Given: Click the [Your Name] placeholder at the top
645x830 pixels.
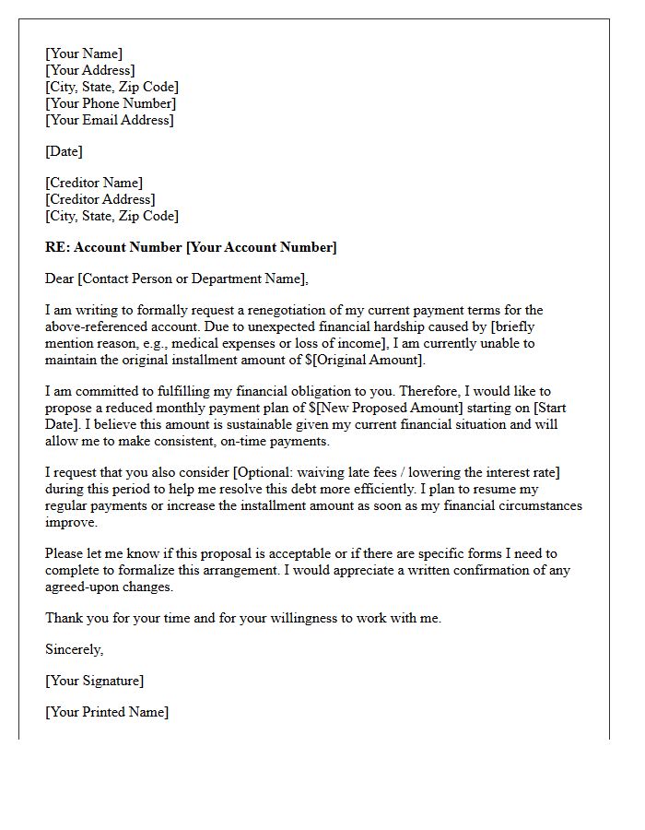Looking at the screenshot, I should pos(84,53).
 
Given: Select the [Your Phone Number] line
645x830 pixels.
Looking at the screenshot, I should pos(111,103).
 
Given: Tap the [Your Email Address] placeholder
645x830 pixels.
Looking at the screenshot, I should pos(110,120).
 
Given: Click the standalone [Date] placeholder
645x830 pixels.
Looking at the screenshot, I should pos(64,151).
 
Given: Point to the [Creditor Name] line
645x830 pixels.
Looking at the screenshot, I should pos(94,183).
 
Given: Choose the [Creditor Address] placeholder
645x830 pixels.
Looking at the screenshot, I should pos(100,199).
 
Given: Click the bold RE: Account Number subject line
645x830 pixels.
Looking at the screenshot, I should pos(191,247).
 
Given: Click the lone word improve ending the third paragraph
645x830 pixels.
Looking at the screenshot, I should pos(71,522).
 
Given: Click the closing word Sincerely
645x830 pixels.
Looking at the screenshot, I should pos(74,649).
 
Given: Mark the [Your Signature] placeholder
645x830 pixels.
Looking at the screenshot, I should pos(94,681).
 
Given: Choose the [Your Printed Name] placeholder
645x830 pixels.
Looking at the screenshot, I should pos(107,712).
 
